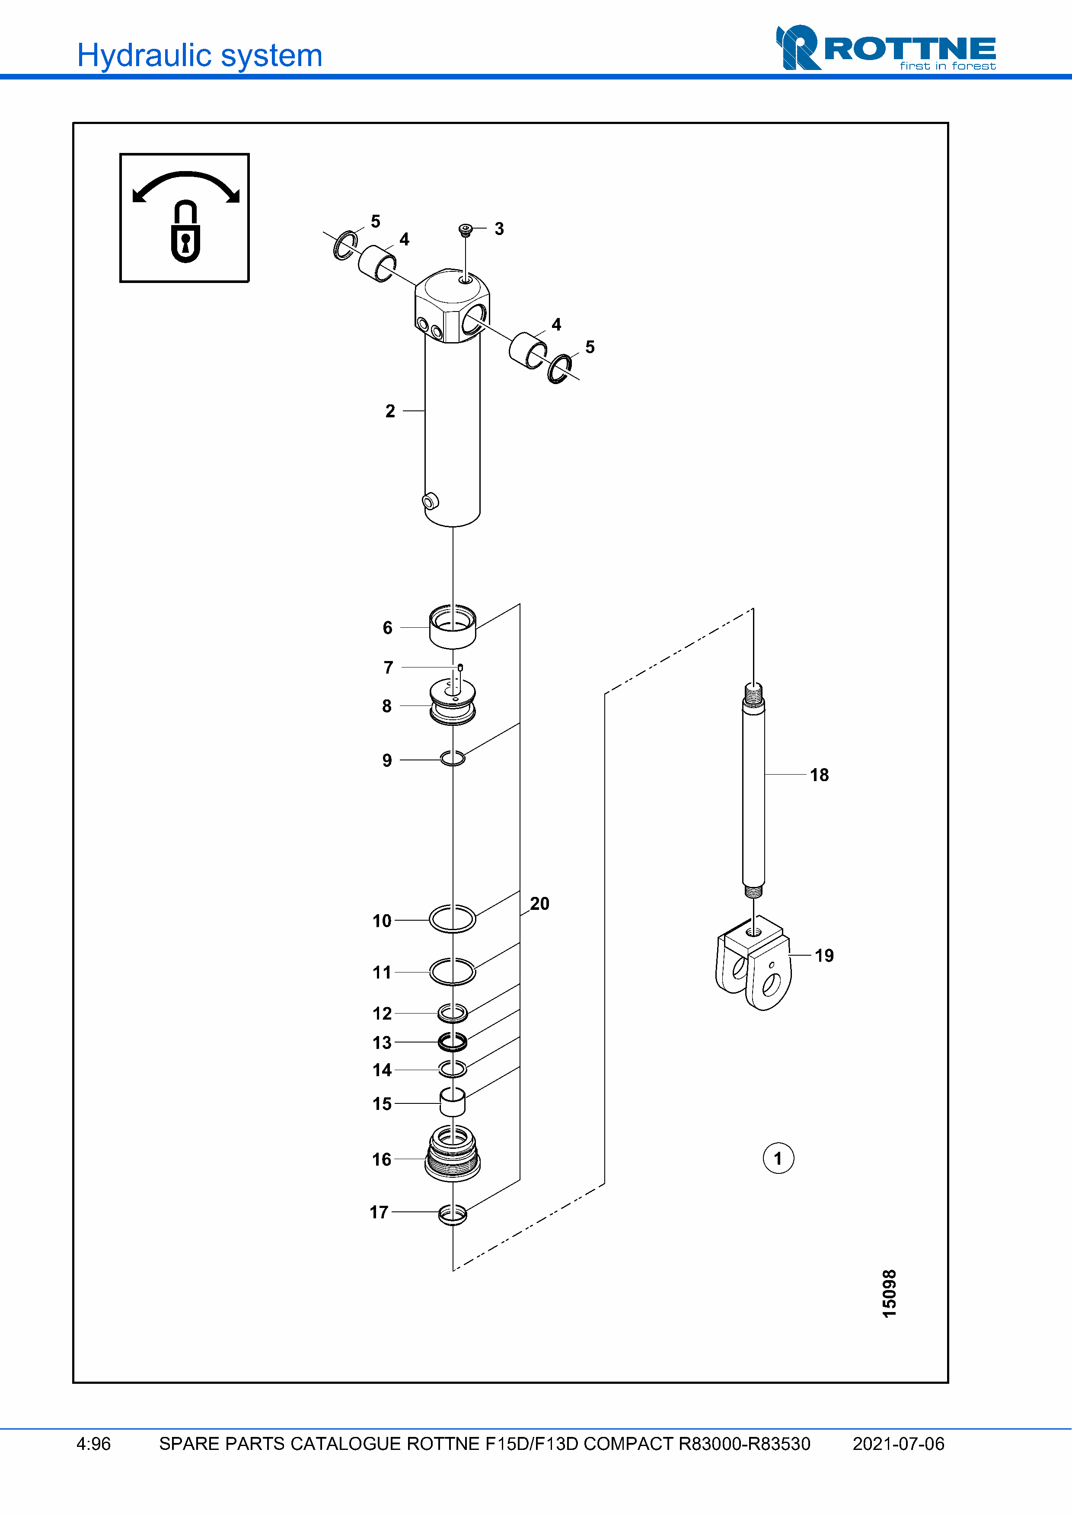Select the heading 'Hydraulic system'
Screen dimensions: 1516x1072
pos(199,55)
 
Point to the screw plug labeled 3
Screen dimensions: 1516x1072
pos(466,229)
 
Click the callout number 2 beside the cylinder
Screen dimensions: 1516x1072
pos(390,411)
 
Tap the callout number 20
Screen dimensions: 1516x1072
pos(539,903)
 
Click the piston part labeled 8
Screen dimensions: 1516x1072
pos(453,704)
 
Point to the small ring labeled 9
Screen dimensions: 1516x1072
pos(453,759)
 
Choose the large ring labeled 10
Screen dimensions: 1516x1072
pos(453,918)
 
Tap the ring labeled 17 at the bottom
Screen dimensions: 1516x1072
pos(453,1214)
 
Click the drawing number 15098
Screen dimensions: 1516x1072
pos(889,1294)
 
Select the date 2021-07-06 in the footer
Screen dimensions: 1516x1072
pos(898,1444)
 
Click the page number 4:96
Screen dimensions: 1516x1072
pos(94,1444)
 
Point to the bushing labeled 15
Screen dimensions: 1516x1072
pos(453,1101)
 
